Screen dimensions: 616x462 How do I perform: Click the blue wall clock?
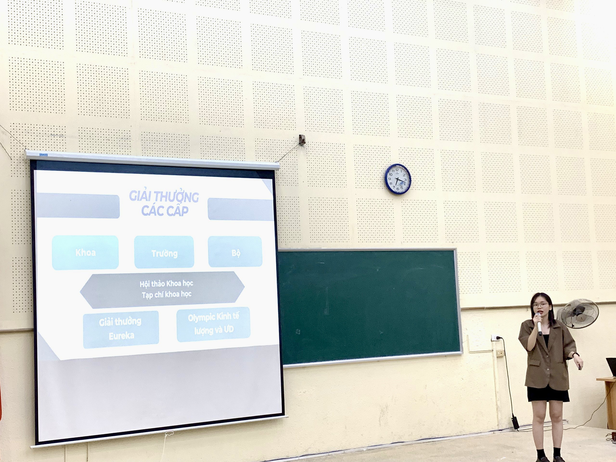coord(398,179)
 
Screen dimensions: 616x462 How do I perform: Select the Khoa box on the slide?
coord(85,253)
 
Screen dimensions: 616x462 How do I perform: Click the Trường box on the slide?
coord(164,252)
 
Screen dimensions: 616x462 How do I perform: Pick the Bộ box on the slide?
coord(235,252)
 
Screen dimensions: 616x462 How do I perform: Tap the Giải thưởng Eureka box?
coord(121,329)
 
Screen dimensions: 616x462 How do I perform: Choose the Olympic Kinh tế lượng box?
coord(213,324)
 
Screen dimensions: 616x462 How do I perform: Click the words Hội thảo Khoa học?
coord(166,284)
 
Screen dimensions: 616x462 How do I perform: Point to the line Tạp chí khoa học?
coord(167,295)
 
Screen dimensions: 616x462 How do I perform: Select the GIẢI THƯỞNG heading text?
coord(164,197)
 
